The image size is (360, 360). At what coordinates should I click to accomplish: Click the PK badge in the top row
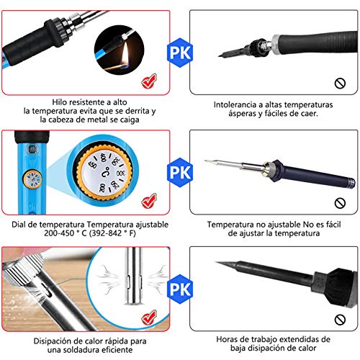179,53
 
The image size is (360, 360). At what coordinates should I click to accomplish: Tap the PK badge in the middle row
179,171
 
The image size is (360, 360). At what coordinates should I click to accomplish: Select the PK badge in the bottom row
179,287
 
